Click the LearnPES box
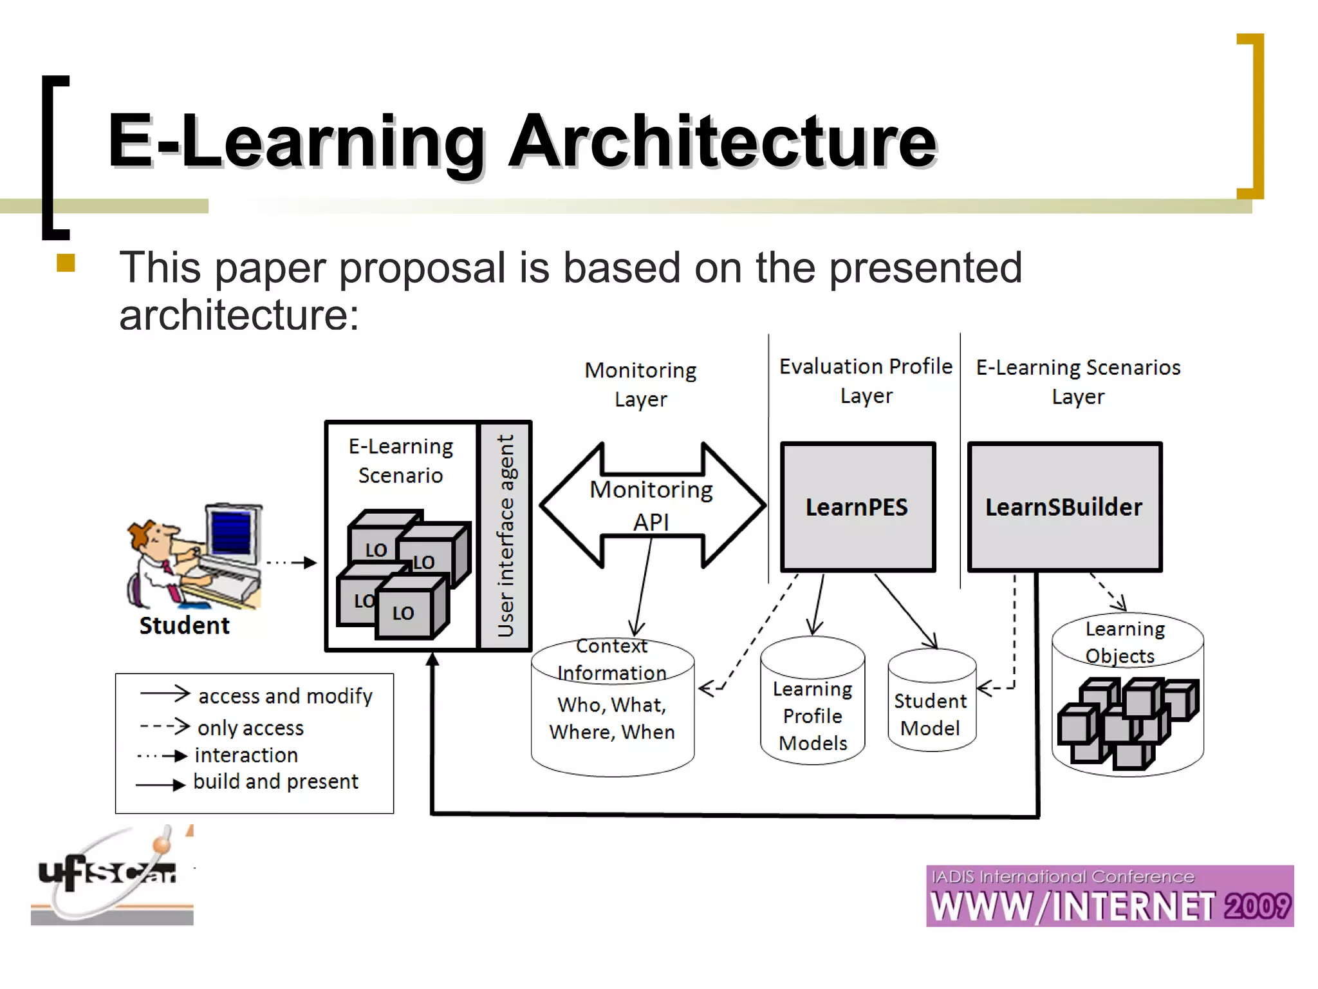coord(857,507)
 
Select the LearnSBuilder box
coord(1064,507)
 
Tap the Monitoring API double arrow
coord(652,505)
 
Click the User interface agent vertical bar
coord(506,536)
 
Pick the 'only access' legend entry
coord(250,728)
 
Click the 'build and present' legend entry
coord(275,782)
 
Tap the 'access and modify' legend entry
coord(284,696)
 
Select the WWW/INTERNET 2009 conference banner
coord(1109,896)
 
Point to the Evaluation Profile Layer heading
coord(866,381)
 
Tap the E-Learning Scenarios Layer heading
coord(1078,382)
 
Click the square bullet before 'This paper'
coord(66,263)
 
